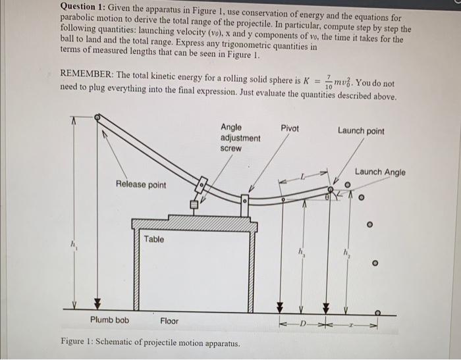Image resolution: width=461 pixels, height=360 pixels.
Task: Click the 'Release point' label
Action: point(141,185)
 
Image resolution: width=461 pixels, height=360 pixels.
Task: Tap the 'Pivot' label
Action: point(290,128)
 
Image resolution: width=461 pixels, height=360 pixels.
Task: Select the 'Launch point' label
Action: point(361,131)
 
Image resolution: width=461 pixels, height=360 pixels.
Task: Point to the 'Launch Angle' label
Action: point(380,172)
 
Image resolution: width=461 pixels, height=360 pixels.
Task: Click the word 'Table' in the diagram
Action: point(154,240)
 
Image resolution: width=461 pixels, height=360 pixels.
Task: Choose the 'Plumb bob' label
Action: point(109,321)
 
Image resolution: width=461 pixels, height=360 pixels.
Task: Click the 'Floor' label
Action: point(170,321)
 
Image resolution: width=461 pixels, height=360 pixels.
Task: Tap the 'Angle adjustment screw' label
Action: point(240,138)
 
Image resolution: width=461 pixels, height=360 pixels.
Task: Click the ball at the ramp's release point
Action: point(97,118)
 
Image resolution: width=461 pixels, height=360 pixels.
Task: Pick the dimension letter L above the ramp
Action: point(304,176)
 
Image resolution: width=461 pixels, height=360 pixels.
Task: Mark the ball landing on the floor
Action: point(378,312)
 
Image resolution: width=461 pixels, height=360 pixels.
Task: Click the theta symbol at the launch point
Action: point(328,195)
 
